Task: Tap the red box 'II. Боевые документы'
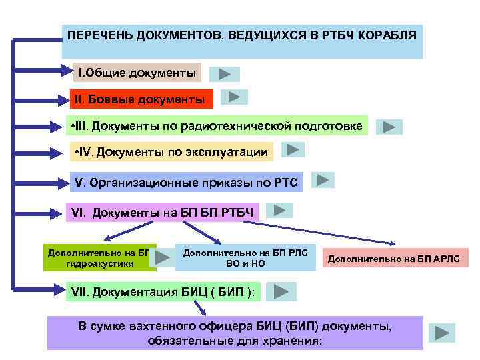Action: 141,99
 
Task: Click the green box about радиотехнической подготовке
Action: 217,125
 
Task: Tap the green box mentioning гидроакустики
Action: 99,258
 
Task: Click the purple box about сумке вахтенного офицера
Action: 235,333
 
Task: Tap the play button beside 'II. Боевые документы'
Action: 233,97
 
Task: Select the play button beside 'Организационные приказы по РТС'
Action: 323,179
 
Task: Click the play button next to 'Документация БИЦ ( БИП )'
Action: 281,291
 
